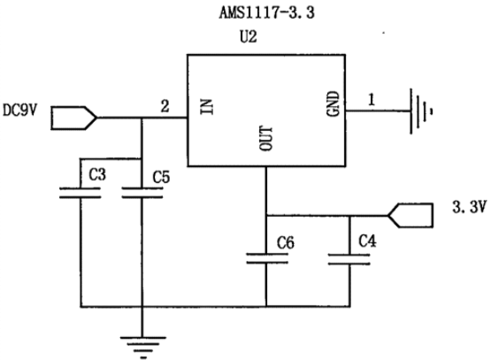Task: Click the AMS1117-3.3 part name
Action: tap(266, 13)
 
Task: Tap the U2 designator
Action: tap(249, 36)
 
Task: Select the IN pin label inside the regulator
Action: tap(207, 107)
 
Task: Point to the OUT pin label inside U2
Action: tap(266, 138)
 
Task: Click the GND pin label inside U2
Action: tap(333, 103)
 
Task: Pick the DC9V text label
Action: tap(19, 110)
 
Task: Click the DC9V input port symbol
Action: tap(74, 118)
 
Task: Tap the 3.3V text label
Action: tap(470, 207)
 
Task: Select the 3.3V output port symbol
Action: tap(410, 215)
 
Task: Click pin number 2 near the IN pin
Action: tap(165, 106)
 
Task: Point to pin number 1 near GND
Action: tap(372, 100)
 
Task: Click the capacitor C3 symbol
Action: tap(81, 193)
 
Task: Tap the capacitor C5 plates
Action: tap(142, 193)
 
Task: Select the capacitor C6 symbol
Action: tap(267, 258)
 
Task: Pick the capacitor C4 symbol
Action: tap(349, 259)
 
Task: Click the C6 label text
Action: tap(286, 242)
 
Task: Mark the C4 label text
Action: tap(367, 241)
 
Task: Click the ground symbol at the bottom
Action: tap(142, 347)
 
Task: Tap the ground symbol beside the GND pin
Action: tap(421, 111)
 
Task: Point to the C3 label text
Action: tap(97, 174)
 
